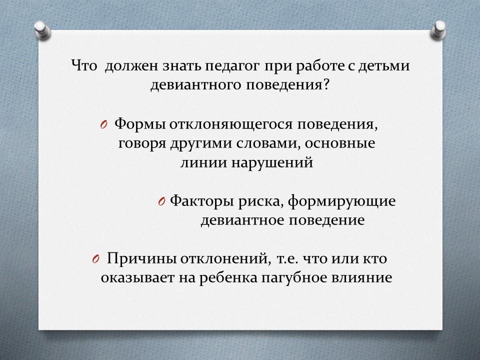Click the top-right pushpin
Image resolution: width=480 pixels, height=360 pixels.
click(x=438, y=30)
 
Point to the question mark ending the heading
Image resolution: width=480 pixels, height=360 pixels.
click(x=325, y=84)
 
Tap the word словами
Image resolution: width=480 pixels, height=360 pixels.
click(x=268, y=143)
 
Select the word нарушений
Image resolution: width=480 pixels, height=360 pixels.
click(x=272, y=162)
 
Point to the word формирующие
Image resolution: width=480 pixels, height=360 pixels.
click(x=342, y=201)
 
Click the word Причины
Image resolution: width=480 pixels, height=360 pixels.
click(x=141, y=258)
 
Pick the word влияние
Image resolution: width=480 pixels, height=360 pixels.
click(x=361, y=277)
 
